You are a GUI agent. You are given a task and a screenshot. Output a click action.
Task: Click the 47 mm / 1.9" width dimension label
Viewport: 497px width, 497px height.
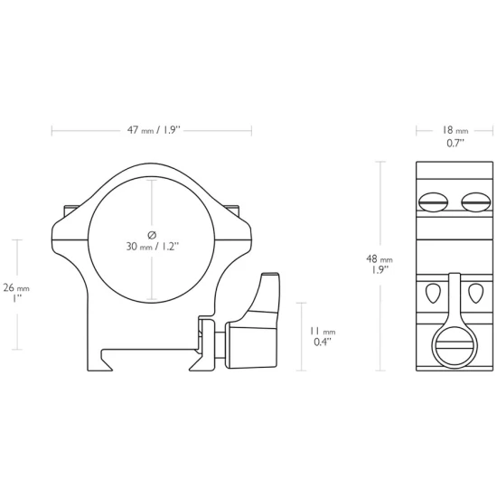click(154, 130)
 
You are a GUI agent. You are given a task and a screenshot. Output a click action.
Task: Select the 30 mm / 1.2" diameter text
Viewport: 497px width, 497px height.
click(153, 247)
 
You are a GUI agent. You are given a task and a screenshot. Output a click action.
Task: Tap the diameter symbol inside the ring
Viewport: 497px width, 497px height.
click(152, 235)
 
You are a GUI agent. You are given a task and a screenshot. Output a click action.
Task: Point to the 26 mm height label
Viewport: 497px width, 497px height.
click(16, 287)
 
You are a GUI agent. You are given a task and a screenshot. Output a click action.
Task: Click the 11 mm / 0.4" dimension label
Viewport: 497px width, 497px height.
click(323, 337)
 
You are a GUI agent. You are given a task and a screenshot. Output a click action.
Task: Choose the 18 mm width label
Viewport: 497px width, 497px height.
click(455, 130)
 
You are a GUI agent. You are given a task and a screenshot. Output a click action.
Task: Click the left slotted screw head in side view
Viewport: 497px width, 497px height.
click(433, 202)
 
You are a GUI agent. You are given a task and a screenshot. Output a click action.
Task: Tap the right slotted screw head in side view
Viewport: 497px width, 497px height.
click(476, 202)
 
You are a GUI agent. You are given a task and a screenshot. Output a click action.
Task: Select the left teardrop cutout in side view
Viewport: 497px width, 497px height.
click(432, 293)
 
